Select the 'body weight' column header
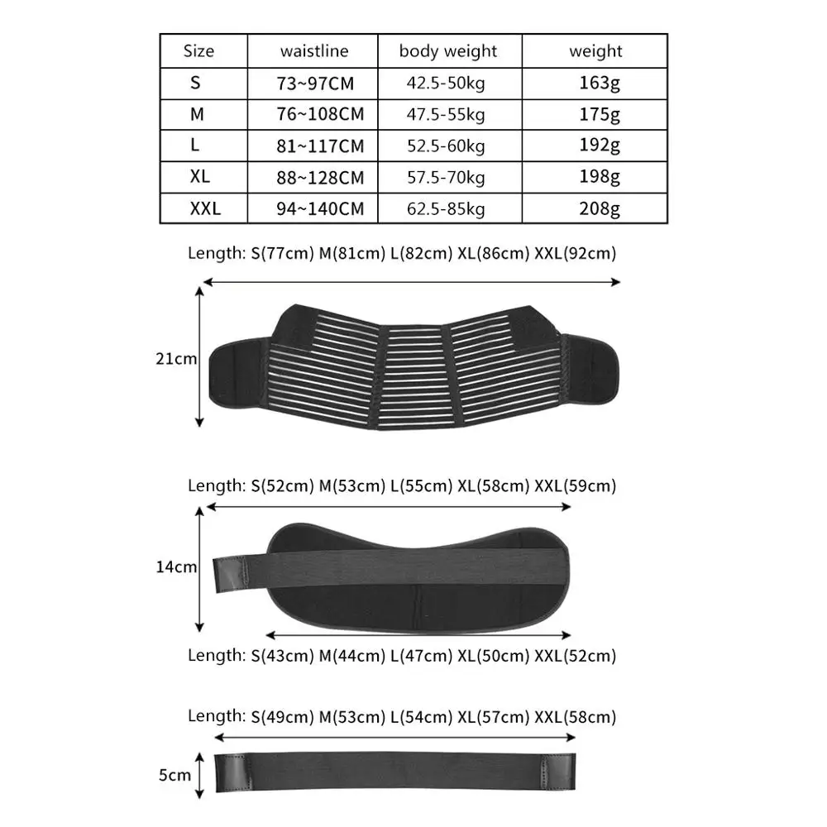449,51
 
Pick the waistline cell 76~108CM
320,114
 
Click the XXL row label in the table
205,208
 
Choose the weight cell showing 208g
600,208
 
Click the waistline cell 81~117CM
320,146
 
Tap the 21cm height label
176,358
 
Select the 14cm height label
176,566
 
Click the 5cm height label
174,775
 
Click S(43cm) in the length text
282,656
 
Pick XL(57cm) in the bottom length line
493,716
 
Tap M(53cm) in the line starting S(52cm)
351,485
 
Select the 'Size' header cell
198,51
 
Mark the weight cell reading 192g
600,146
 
